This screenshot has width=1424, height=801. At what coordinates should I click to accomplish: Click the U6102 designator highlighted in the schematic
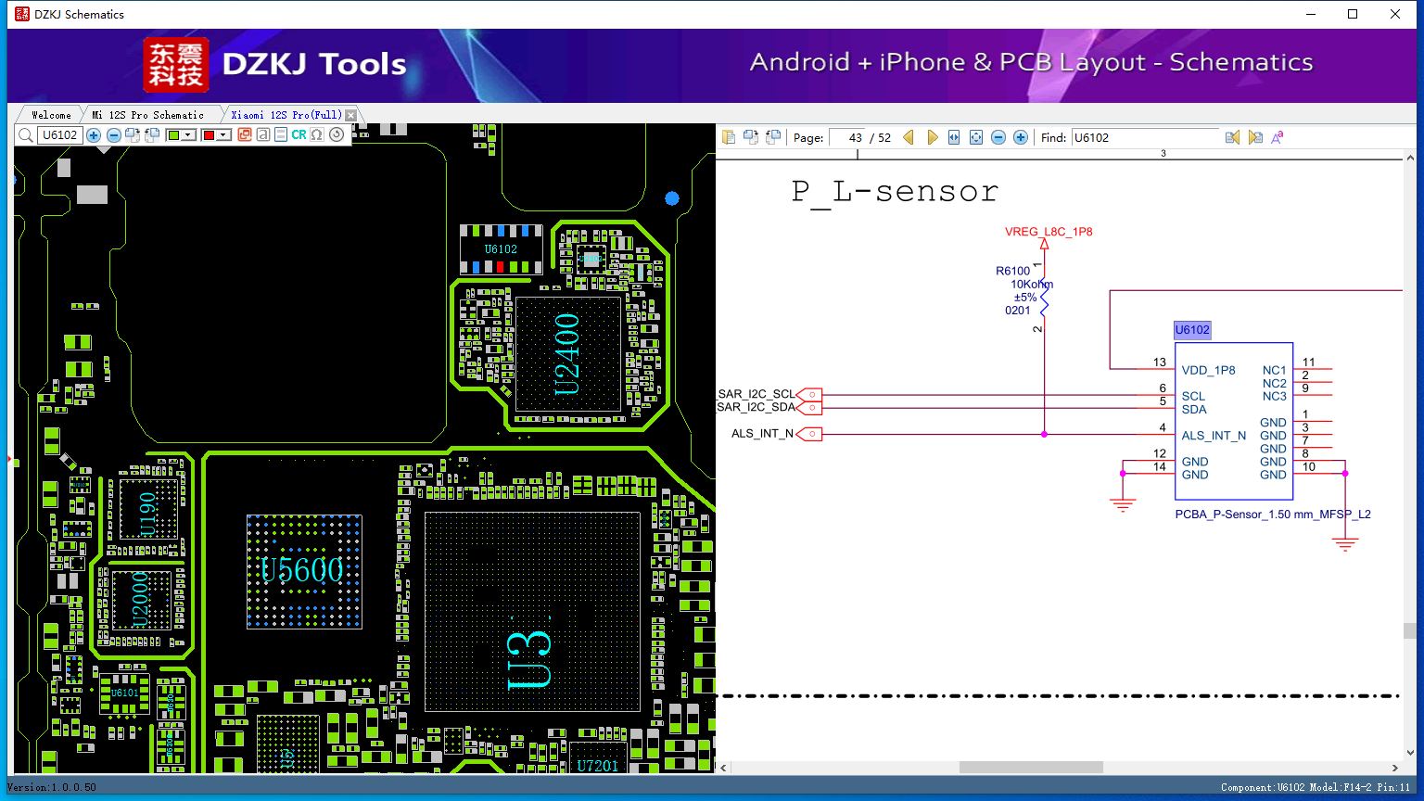pos(1192,330)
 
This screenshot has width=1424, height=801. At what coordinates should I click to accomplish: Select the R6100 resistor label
pos(1012,271)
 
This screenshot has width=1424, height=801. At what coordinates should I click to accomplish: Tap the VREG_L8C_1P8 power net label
pos(1049,232)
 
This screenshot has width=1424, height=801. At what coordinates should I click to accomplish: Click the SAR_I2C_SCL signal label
pos(756,394)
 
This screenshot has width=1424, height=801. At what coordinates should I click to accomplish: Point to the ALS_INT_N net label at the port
pos(762,433)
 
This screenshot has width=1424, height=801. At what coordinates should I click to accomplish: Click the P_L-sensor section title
pos(895,192)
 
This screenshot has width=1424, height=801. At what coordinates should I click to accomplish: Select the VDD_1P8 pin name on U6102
pos(1208,370)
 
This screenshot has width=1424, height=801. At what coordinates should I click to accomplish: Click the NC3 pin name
pos(1274,396)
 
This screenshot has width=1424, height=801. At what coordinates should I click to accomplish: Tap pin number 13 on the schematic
pos(1160,362)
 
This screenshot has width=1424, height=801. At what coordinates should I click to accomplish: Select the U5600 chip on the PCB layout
pos(303,570)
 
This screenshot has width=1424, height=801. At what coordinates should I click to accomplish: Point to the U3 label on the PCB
pos(530,659)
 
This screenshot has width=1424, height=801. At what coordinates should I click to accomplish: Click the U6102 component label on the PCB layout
pos(501,248)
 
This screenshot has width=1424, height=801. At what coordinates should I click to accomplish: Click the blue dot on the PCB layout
pos(672,198)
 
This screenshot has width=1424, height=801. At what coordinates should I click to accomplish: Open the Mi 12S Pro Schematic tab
pos(147,115)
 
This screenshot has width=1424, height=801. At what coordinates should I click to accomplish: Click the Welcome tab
pos(51,115)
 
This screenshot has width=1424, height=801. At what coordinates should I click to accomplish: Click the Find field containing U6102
pos(1145,137)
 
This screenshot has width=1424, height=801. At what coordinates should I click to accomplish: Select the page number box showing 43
pos(847,137)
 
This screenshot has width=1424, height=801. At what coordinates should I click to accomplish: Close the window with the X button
pos(1395,14)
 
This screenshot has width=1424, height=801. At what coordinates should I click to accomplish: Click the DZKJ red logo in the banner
pos(175,65)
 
